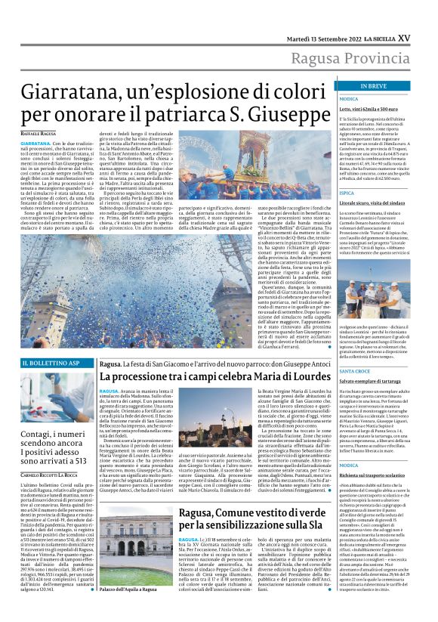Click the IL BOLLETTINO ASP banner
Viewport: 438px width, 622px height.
pos(54,363)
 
